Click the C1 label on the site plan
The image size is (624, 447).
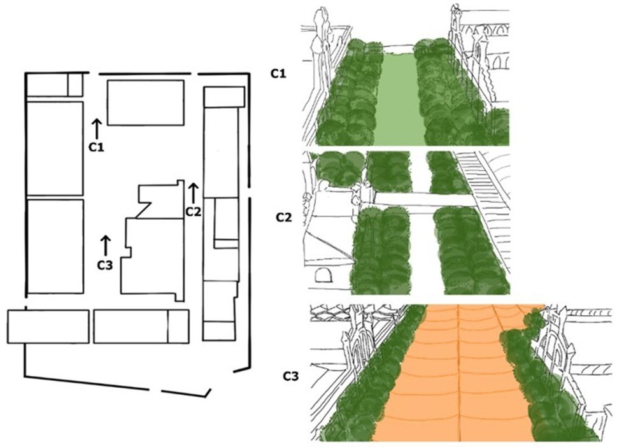[x=96, y=147]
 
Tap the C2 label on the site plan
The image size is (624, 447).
[x=193, y=212]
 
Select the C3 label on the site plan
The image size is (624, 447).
[x=105, y=265]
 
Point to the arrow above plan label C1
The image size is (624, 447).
[x=96, y=129]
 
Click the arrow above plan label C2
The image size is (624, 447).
[x=193, y=194]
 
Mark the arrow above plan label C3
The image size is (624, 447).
[x=105, y=246]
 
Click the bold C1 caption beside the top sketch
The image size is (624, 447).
[x=278, y=74]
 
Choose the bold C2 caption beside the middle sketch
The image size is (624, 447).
[x=284, y=218]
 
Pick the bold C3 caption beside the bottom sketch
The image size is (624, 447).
[x=290, y=376]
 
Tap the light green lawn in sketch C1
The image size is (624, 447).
[x=396, y=99]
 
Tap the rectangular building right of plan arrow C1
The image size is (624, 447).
[x=146, y=103]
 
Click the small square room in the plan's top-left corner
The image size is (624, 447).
[x=75, y=85]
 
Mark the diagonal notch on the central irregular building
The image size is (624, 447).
[x=143, y=210]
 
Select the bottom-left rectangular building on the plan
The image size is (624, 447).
[x=48, y=327]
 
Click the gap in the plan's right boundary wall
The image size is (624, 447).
[x=249, y=193]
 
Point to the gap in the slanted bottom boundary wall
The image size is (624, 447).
[x=155, y=390]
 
